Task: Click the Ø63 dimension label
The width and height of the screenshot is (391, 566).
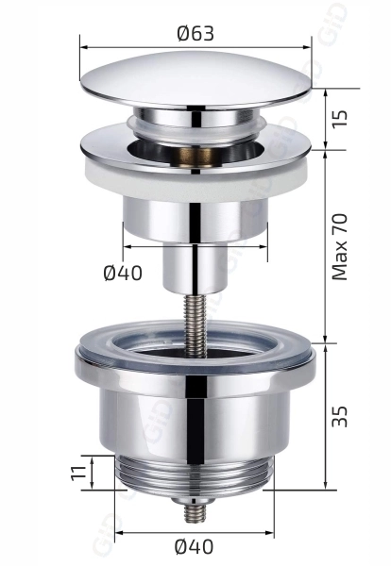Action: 195,34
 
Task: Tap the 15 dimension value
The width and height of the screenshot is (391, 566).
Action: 340,118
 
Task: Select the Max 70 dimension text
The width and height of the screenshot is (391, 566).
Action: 340,247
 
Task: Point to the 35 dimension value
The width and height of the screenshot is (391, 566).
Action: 340,417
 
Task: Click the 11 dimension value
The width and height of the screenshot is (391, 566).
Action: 78,473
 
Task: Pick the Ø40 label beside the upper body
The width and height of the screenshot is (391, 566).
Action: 123,273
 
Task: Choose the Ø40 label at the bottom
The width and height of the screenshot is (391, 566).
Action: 194,547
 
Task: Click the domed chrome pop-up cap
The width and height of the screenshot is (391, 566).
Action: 195,80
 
